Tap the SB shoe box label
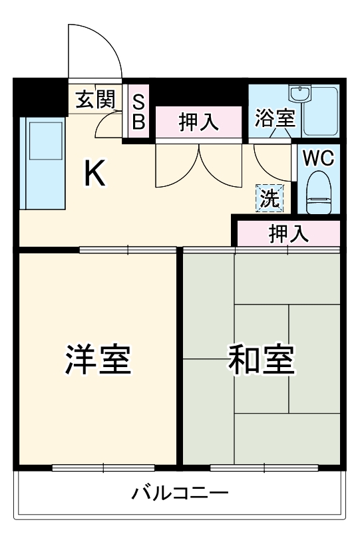138,111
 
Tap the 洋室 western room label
98,360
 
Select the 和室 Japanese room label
261,360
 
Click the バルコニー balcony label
180,493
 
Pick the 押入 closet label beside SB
198,122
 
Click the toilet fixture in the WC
319,191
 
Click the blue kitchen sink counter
43,163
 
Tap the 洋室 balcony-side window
103,468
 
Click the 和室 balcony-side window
264,468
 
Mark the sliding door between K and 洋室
128,250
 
